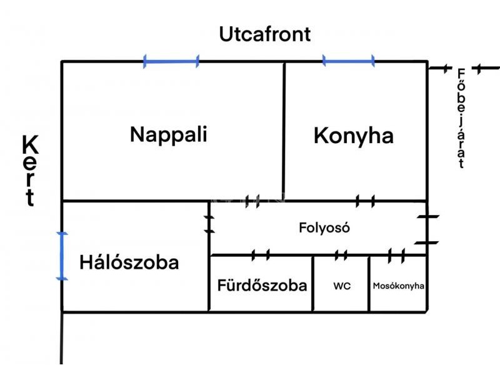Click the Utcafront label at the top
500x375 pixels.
[264, 34]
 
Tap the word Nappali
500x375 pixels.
[169, 135]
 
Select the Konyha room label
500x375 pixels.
[354, 136]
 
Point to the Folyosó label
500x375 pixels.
[324, 227]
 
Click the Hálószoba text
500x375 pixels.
[129, 262]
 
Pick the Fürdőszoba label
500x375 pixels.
[262, 285]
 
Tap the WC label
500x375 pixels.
[342, 286]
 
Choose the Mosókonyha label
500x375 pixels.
[398, 286]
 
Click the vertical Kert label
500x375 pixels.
[30, 171]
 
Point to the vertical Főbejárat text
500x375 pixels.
[461, 118]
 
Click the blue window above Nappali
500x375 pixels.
[171, 61]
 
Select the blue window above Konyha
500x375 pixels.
[349, 61]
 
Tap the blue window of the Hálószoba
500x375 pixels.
[62, 256]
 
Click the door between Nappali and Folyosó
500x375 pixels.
[252, 201]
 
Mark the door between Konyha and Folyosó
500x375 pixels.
[365, 201]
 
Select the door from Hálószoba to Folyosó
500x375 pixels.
[209, 224]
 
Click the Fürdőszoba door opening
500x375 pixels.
[261, 255]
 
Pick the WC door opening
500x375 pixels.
[341, 255]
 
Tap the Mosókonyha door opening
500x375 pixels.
[396, 256]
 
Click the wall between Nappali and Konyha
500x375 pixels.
[284, 131]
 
